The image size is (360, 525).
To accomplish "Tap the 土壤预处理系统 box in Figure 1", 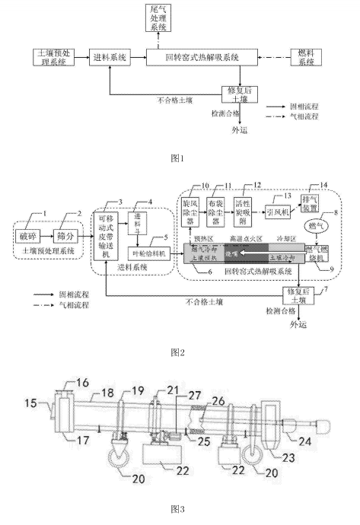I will (53, 57).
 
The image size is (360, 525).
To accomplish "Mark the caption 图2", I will (179, 352).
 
